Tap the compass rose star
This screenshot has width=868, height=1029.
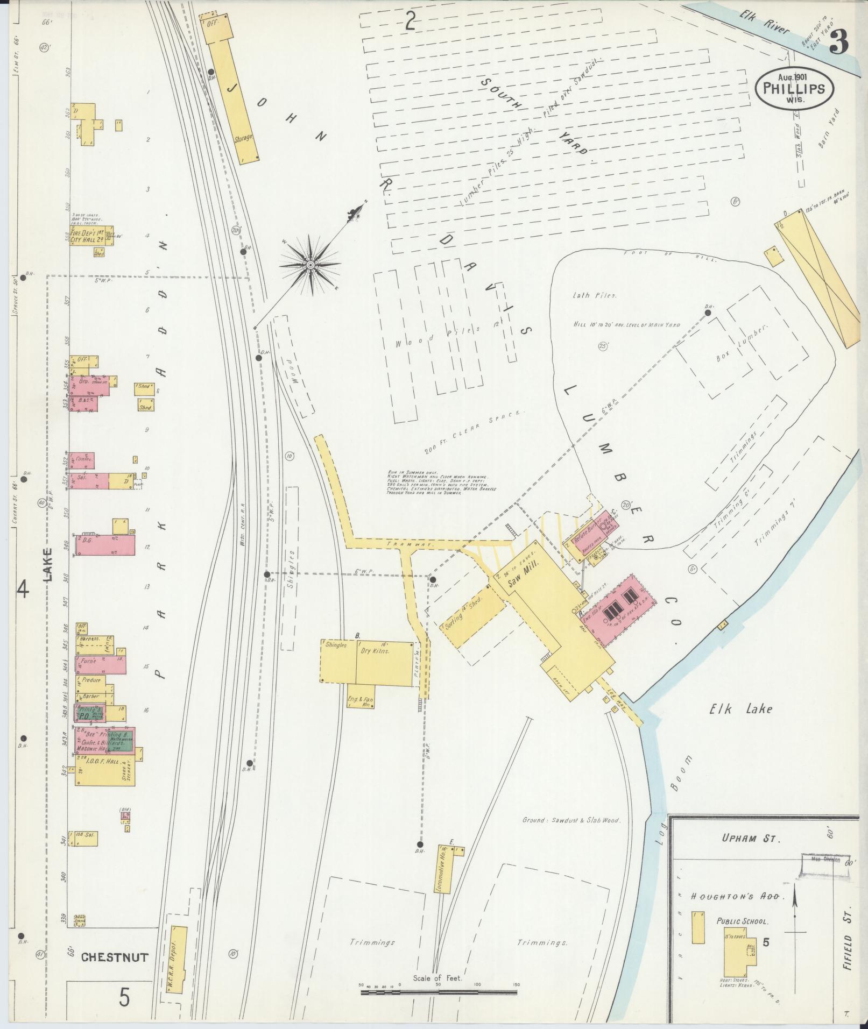(310, 265)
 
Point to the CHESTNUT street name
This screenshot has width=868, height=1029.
(115, 957)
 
